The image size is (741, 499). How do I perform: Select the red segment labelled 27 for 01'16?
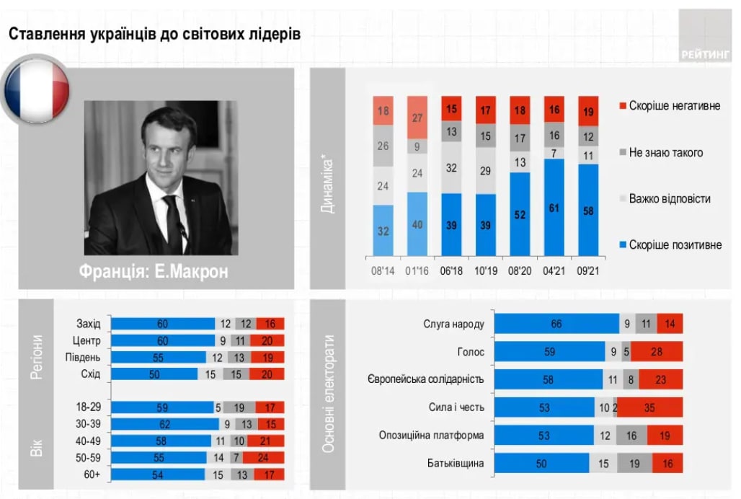(417, 118)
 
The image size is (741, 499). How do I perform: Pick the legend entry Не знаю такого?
(665, 152)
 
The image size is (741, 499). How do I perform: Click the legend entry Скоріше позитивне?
(673, 245)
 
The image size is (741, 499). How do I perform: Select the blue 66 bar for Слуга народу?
(556, 324)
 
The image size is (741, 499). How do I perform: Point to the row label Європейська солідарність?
(426, 379)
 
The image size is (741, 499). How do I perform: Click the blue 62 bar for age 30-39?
(165, 425)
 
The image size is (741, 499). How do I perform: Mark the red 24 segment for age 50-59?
(264, 457)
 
